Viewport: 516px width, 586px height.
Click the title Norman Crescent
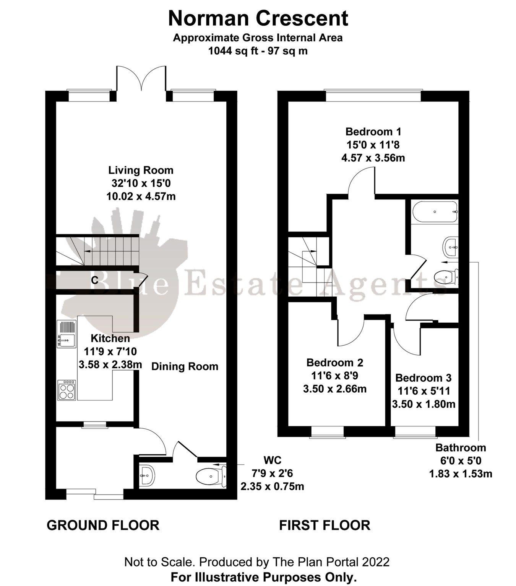tap(258, 18)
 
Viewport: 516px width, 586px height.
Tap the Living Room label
tap(141, 170)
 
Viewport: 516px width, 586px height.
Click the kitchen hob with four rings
tap(67, 390)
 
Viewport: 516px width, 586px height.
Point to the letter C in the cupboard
tap(95, 280)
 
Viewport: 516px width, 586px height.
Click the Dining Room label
tap(185, 367)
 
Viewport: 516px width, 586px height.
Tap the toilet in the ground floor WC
tap(209, 477)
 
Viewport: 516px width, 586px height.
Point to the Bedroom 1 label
tap(373, 132)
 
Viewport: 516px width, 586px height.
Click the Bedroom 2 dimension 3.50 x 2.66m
tap(335, 389)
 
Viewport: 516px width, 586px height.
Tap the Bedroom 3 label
tap(423, 378)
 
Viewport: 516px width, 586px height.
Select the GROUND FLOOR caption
tap(103, 525)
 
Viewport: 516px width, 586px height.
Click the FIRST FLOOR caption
tap(325, 525)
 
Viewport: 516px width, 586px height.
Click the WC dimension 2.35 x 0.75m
tap(272, 486)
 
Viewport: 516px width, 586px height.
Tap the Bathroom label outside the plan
tap(461, 448)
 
